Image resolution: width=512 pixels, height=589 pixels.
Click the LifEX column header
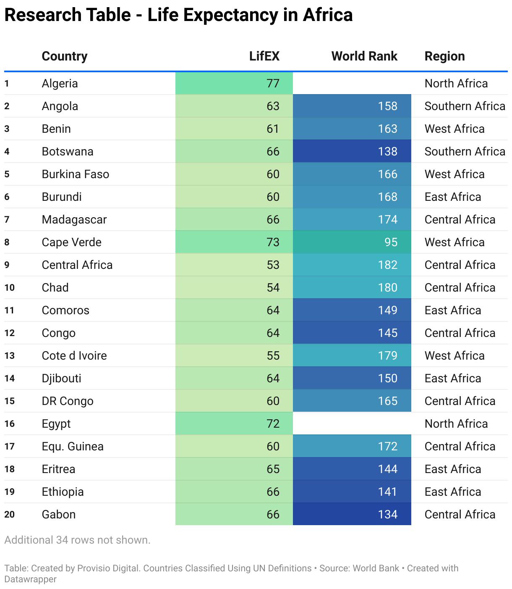pos(264,56)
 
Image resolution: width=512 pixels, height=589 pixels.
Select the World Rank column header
pos(364,56)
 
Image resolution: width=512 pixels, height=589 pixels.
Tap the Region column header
pos(444,56)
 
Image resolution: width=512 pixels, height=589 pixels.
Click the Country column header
pos(65,56)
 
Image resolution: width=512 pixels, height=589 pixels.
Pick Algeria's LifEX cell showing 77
pos(273,83)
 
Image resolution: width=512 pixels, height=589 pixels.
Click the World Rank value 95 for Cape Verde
pos(391,242)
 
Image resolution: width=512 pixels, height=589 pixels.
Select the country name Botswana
pos(68,151)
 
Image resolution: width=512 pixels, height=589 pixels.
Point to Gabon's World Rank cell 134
pos(387,514)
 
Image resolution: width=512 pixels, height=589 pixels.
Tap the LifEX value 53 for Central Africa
pos(273,265)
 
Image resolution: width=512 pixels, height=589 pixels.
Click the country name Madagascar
pos(74,219)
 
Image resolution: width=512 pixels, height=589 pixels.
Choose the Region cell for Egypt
pos(456,423)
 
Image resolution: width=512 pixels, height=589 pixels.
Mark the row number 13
pos(10,355)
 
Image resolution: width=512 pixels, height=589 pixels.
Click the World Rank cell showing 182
pos(387,265)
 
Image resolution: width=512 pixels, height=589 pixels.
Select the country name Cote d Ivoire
pos(74,355)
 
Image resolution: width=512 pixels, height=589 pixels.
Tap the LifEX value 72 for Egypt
pos(273,423)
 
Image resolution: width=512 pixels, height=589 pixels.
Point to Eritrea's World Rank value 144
pos(387,469)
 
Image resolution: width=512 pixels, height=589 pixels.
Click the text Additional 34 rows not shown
pos(77,540)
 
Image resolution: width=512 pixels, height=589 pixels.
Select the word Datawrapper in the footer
pos(30,579)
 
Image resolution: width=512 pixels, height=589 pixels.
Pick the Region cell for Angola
pos(465,106)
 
